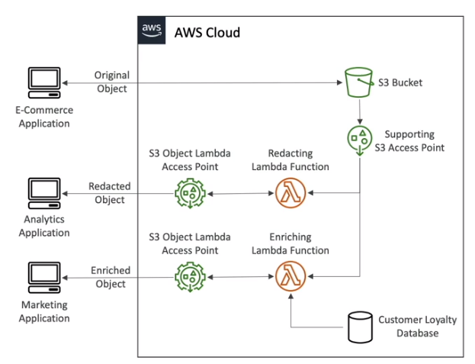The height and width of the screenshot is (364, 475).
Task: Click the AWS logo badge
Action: pyautogui.click(x=151, y=31)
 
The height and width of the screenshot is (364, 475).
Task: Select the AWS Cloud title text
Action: pyautogui.click(x=207, y=32)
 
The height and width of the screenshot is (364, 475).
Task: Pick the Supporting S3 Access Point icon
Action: pyautogui.click(x=359, y=140)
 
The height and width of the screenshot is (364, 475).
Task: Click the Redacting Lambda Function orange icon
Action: pyautogui.click(x=290, y=193)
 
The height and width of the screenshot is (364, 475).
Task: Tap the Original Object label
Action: pyautogui.click(x=111, y=82)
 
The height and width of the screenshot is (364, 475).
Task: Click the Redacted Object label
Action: pyautogui.click(x=110, y=192)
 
